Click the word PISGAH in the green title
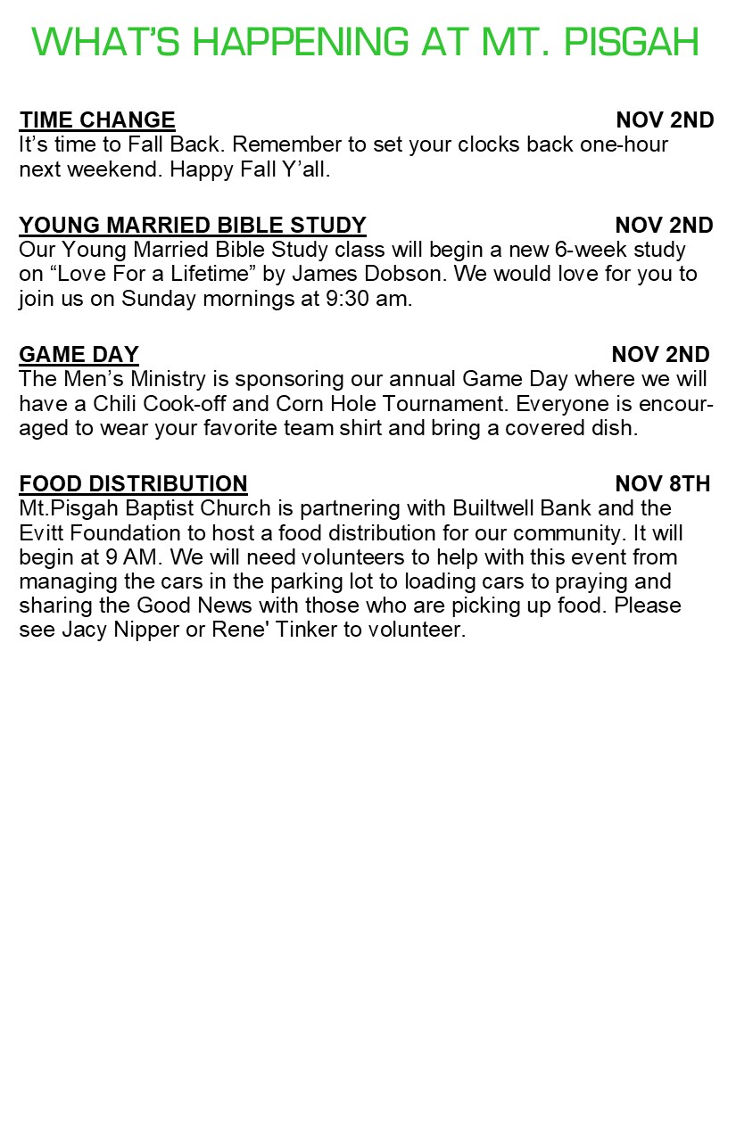(631, 42)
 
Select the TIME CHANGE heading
(97, 120)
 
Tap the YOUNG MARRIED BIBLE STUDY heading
(193, 225)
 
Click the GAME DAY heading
(79, 355)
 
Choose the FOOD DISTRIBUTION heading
(133, 484)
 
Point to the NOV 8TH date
(663, 484)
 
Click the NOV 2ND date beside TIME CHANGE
(665, 120)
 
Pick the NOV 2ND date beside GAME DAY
(661, 355)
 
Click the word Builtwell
(499, 508)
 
